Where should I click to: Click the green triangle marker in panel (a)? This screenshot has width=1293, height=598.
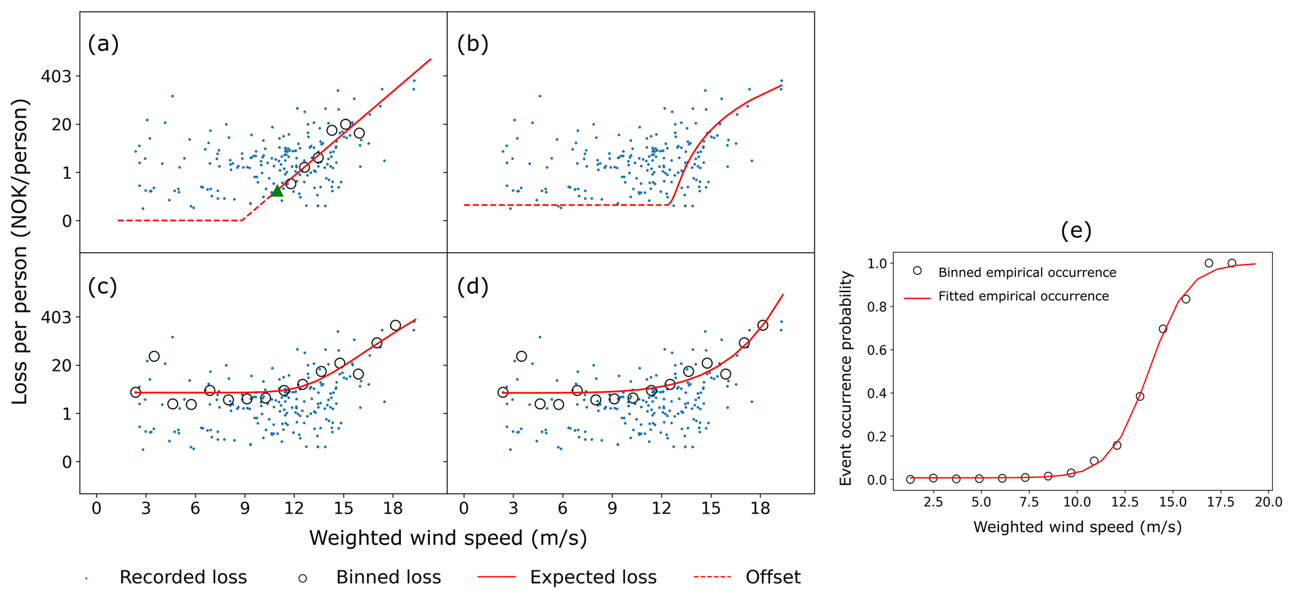click(x=277, y=191)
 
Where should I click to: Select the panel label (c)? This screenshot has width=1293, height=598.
click(x=103, y=286)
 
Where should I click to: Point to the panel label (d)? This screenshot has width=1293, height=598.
click(x=473, y=286)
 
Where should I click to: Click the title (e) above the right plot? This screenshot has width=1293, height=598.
click(x=1076, y=231)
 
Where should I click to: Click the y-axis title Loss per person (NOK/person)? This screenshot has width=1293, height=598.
click(x=21, y=251)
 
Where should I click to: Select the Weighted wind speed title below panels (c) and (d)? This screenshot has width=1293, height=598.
click(x=448, y=538)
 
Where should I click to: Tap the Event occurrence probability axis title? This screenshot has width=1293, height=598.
click(x=846, y=378)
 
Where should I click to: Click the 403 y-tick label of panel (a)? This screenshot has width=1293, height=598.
click(x=60, y=76)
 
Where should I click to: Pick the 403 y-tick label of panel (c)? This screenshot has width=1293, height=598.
click(x=60, y=317)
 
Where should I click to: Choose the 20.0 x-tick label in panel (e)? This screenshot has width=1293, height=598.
click(x=1268, y=502)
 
